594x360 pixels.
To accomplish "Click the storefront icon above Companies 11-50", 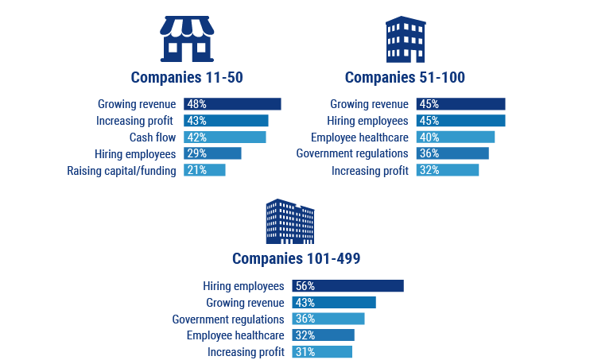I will pos(186,40).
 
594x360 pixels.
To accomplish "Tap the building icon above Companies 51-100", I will pos(405,40).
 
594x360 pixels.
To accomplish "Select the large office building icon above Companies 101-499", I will pos(289,222).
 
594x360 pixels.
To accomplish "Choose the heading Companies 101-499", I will pos(297,259).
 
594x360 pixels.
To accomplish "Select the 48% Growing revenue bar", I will pos(232,104).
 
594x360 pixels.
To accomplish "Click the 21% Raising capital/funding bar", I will pos(204,170).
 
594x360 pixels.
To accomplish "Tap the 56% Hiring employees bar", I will pos(347,286).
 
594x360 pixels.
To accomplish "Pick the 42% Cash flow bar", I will pos(224,137).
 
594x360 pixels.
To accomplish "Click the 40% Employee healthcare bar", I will pos(455,137).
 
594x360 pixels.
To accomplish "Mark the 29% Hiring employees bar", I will pos(212,153).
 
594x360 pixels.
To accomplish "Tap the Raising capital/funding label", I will pos(122,170).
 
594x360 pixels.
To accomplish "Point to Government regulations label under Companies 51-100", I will pos(352,153).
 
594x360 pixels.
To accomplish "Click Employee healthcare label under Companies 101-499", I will pos(235,335).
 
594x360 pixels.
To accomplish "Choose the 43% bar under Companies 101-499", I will pos(333,303).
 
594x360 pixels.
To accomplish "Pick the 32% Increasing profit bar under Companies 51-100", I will pos(447,170).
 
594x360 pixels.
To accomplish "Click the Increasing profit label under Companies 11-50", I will pos(136,121).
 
